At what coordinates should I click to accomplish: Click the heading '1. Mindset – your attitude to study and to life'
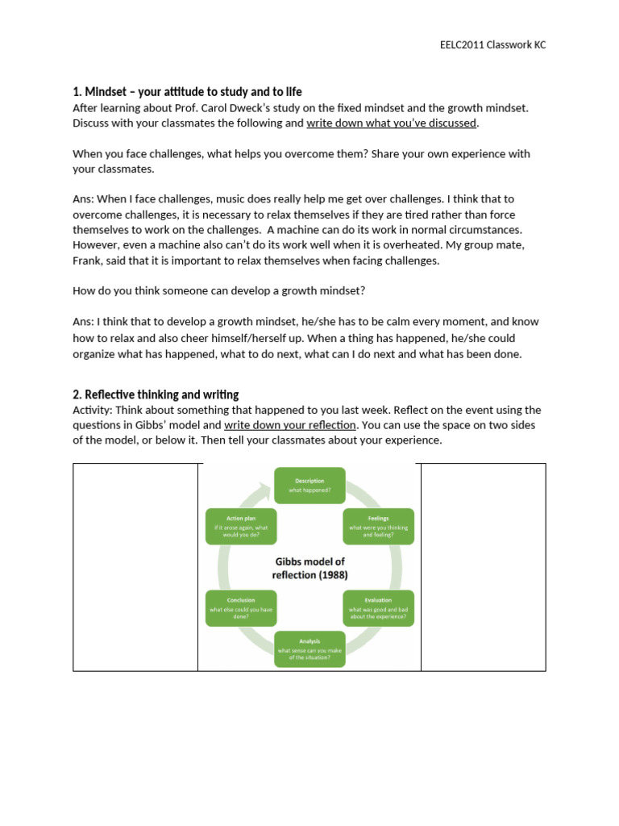[x=187, y=92]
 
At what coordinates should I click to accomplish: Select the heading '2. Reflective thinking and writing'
[x=156, y=394]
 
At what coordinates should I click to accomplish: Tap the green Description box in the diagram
[x=309, y=485]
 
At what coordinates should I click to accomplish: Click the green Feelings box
[x=379, y=526]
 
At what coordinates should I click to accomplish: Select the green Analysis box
[x=309, y=649]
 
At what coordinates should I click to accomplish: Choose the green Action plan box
[x=241, y=526]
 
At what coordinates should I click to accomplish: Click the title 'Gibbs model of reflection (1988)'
[x=309, y=568]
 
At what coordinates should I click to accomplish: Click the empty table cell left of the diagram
[x=135, y=567]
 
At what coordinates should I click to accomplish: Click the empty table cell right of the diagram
[x=483, y=567]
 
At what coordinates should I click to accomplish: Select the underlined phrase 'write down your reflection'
[x=289, y=425]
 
